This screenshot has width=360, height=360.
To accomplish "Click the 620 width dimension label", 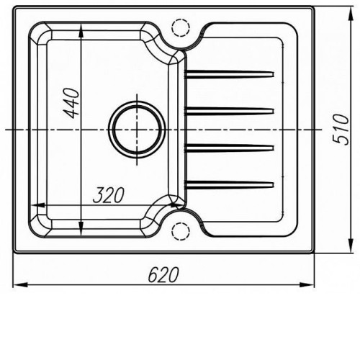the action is (163, 274).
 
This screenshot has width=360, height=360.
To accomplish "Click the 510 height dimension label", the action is (341, 130).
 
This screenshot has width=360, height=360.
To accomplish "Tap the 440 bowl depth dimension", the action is (71, 104).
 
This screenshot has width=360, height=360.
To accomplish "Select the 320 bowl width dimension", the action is (109, 194).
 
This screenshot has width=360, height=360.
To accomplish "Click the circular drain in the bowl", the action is (137, 130).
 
